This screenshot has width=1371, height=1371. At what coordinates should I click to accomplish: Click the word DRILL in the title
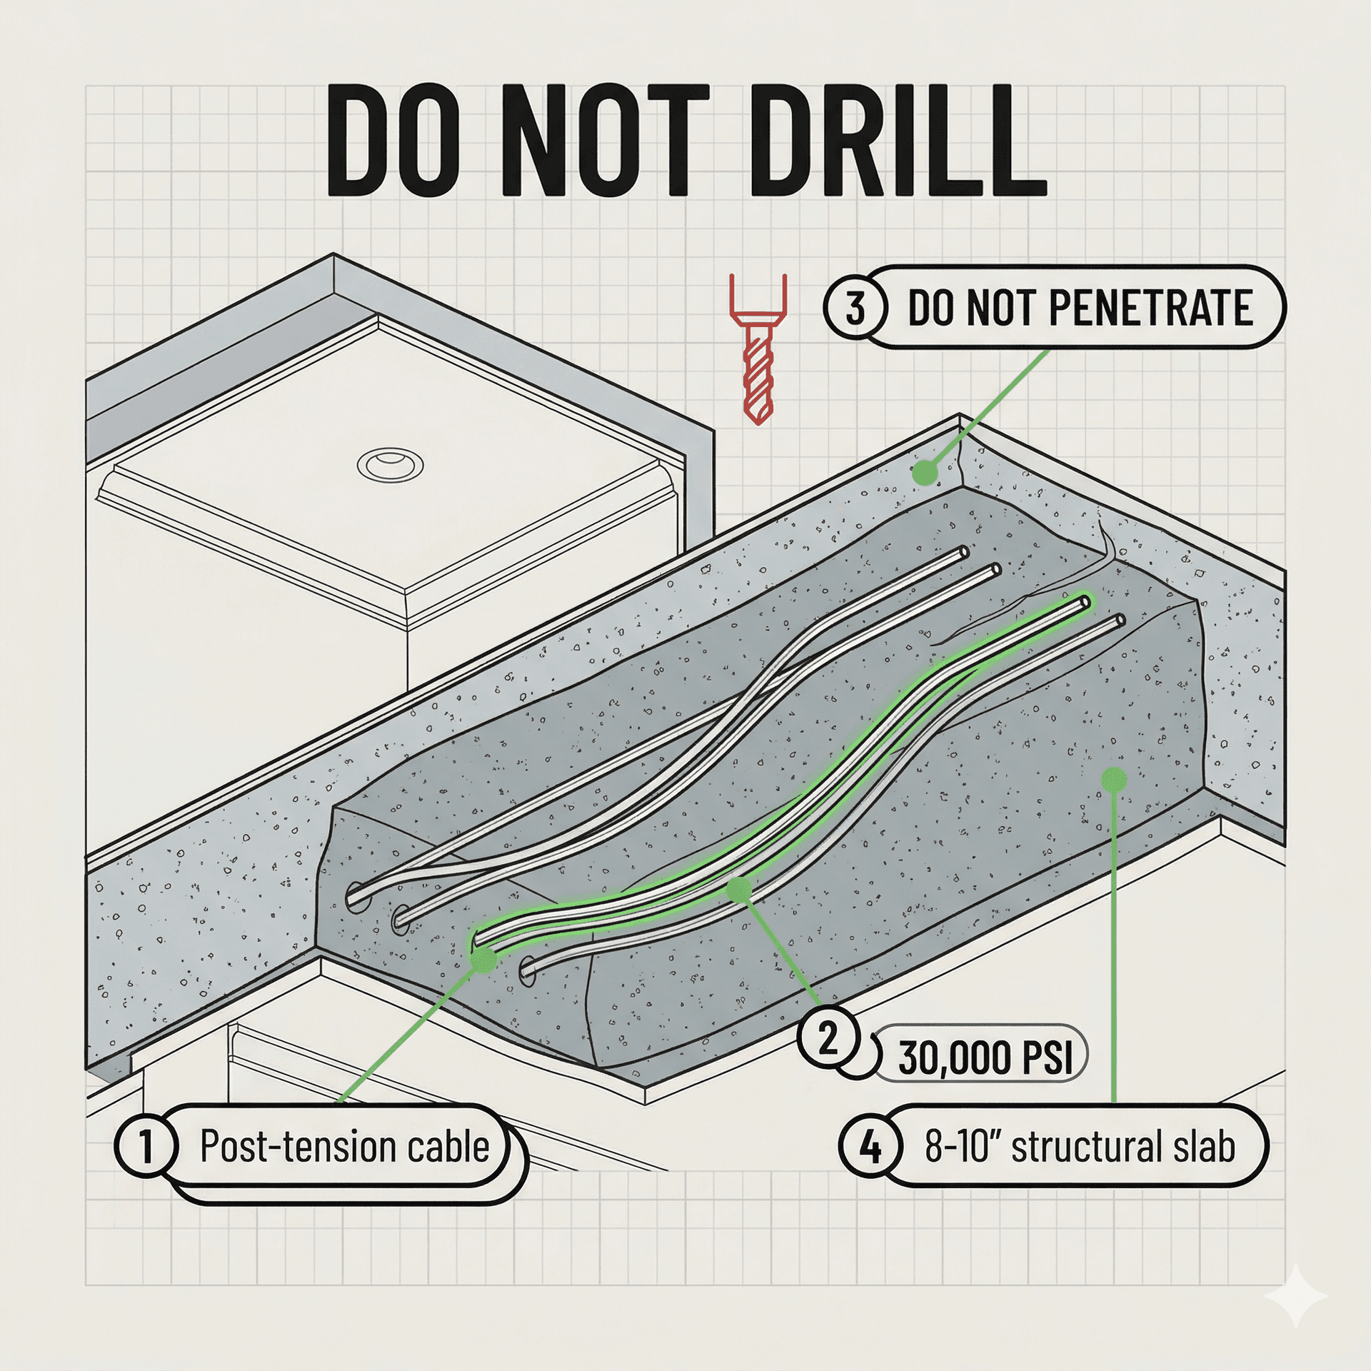(x=898, y=141)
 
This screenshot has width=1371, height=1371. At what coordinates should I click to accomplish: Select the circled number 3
(x=855, y=308)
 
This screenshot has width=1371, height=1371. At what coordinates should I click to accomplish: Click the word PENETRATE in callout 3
(x=1150, y=308)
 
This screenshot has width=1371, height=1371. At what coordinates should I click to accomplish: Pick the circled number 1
(x=146, y=1146)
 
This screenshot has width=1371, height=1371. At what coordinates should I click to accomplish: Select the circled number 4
(x=870, y=1147)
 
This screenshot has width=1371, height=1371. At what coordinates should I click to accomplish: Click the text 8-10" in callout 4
(x=963, y=1146)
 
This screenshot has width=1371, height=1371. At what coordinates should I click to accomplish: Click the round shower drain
(x=390, y=466)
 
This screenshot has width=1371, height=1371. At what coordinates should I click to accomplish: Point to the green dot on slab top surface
(x=925, y=472)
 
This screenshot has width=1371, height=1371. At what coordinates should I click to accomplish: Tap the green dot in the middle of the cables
(x=739, y=889)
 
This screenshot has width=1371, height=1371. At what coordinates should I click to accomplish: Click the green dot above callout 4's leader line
(x=1114, y=780)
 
